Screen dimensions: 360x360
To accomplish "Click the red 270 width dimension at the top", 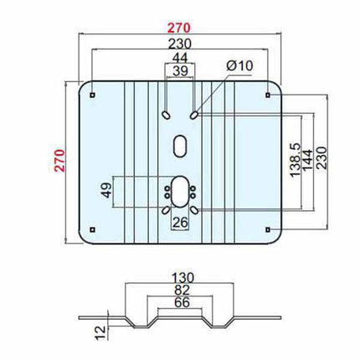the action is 179,28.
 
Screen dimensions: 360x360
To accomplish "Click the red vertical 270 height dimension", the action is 59,161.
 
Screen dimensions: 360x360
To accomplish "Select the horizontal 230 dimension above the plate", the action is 180,44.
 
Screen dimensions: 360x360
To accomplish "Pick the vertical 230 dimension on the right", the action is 321,157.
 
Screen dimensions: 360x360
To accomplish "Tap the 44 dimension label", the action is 180,58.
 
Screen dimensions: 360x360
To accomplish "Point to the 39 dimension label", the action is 180,71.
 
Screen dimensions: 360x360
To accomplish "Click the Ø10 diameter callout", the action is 239,66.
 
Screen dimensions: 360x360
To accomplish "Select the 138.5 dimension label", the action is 296,160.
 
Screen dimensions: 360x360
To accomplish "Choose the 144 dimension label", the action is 308,160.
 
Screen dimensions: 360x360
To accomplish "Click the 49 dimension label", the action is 106,190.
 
